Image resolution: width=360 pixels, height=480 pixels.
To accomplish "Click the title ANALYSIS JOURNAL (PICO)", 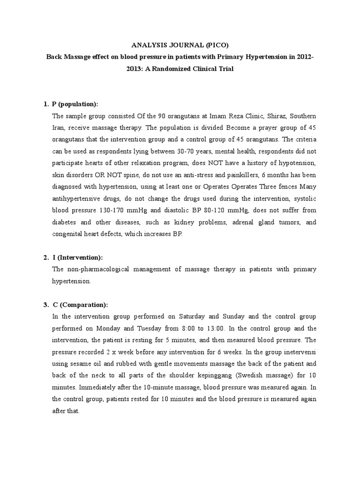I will click(x=180, y=45).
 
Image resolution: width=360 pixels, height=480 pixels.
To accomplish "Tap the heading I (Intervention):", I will click(x=77, y=257).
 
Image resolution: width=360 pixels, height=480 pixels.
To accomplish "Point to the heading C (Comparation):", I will click(x=80, y=304).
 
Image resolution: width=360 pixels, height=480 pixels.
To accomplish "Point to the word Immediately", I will click(x=101, y=388).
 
